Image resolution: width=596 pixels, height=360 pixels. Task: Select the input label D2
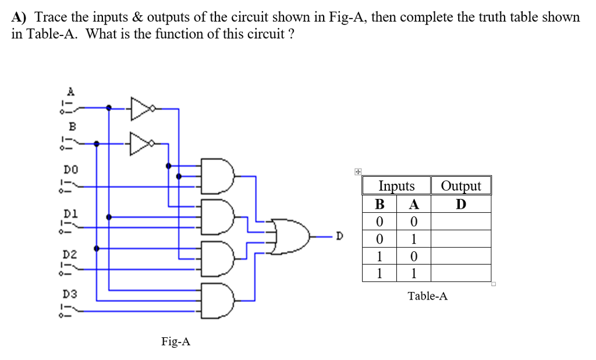tap(70, 254)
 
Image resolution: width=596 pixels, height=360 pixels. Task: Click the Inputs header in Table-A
tap(396, 186)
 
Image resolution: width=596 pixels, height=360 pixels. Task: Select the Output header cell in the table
tap(461, 186)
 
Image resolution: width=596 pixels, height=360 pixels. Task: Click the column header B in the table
tap(379, 204)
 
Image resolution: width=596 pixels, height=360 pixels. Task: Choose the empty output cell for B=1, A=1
tap(461, 273)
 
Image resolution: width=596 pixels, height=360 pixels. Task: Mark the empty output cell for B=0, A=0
tap(461, 222)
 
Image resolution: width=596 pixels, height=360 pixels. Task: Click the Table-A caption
tap(427, 296)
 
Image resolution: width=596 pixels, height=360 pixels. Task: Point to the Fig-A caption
tap(176, 341)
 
